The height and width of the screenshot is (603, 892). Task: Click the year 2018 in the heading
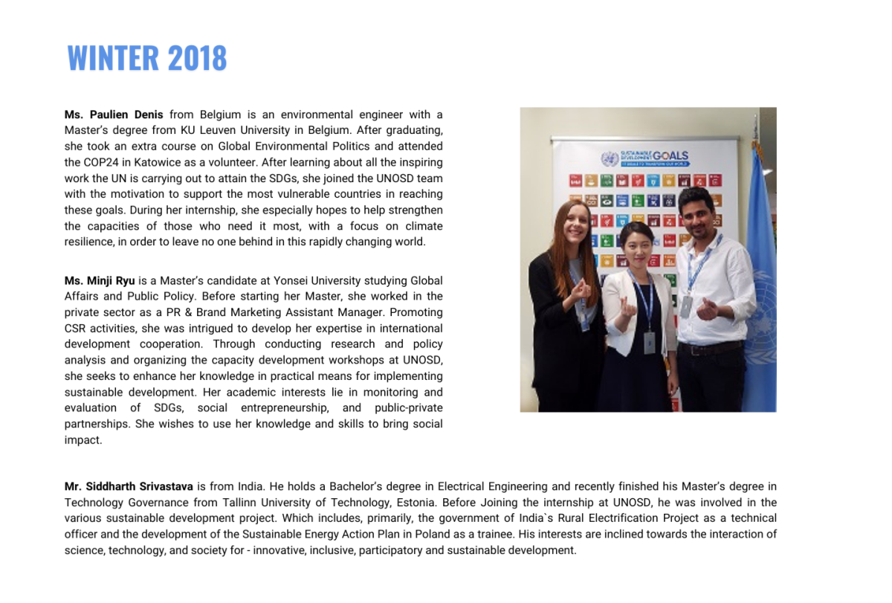tap(197, 58)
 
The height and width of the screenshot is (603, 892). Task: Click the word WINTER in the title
tap(113, 58)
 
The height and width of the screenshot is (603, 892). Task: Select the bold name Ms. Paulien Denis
tap(114, 115)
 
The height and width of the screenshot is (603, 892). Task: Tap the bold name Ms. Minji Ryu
tap(100, 280)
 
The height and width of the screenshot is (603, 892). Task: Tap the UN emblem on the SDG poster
tap(610, 158)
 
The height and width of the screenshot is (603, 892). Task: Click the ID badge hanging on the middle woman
tap(649, 342)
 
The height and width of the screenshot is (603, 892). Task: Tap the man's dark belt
tap(709, 348)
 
